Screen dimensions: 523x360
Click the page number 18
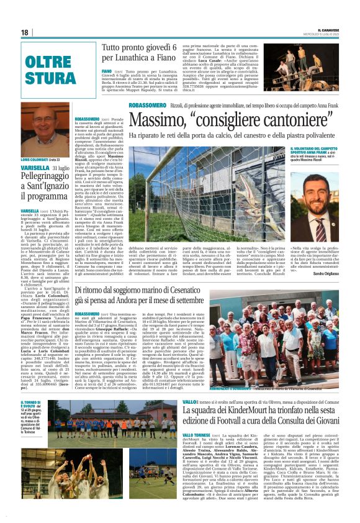click(25, 32)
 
